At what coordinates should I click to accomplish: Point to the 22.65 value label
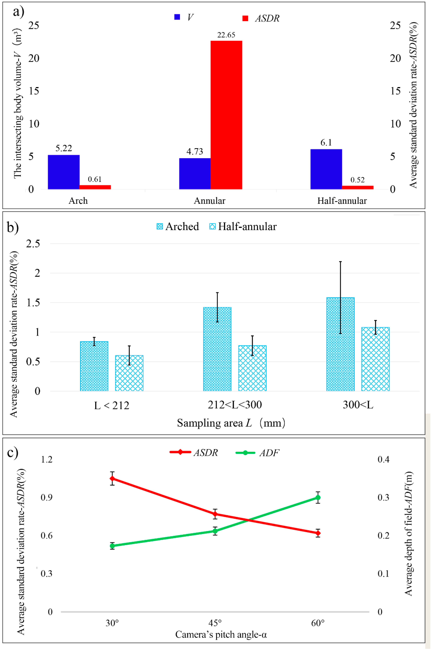coord(226,35)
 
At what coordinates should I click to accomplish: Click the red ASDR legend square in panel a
coord(245,18)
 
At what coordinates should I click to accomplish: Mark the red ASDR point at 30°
coord(112,479)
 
